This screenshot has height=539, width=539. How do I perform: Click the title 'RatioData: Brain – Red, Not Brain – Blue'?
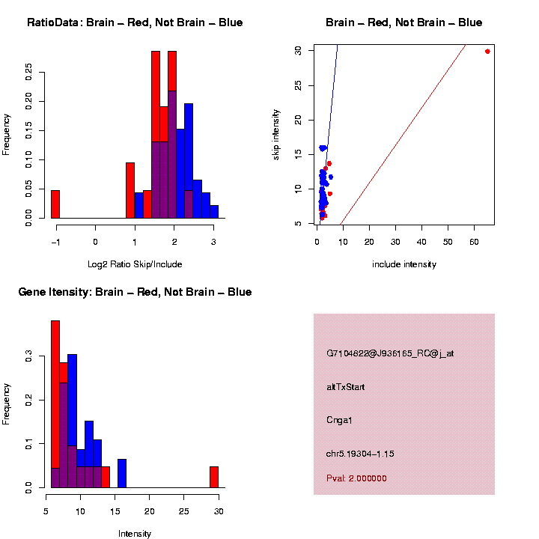[135, 23]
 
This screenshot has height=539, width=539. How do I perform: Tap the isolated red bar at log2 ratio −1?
[55, 204]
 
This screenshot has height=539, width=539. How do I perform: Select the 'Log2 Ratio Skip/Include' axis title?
[135, 264]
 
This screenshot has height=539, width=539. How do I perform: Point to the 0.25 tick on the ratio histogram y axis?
[29, 71]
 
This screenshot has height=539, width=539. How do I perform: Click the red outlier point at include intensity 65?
[487, 51]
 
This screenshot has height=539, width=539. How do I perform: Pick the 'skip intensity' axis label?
[276, 135]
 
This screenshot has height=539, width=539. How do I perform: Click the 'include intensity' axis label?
[404, 264]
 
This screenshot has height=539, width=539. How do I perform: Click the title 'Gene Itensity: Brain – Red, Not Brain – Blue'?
[135, 292]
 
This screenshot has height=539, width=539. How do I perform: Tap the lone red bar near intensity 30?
[214, 477]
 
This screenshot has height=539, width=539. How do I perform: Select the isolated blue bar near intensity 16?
[122, 474]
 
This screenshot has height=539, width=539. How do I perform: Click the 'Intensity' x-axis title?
[135, 534]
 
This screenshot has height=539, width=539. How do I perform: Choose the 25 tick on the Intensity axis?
[184, 511]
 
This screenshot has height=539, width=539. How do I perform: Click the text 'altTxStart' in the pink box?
[345, 387]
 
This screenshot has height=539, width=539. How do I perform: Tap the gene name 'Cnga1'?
[339, 420]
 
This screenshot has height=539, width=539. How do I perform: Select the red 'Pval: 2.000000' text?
[356, 478]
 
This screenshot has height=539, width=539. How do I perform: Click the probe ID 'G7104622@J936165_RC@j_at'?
[389, 353]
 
